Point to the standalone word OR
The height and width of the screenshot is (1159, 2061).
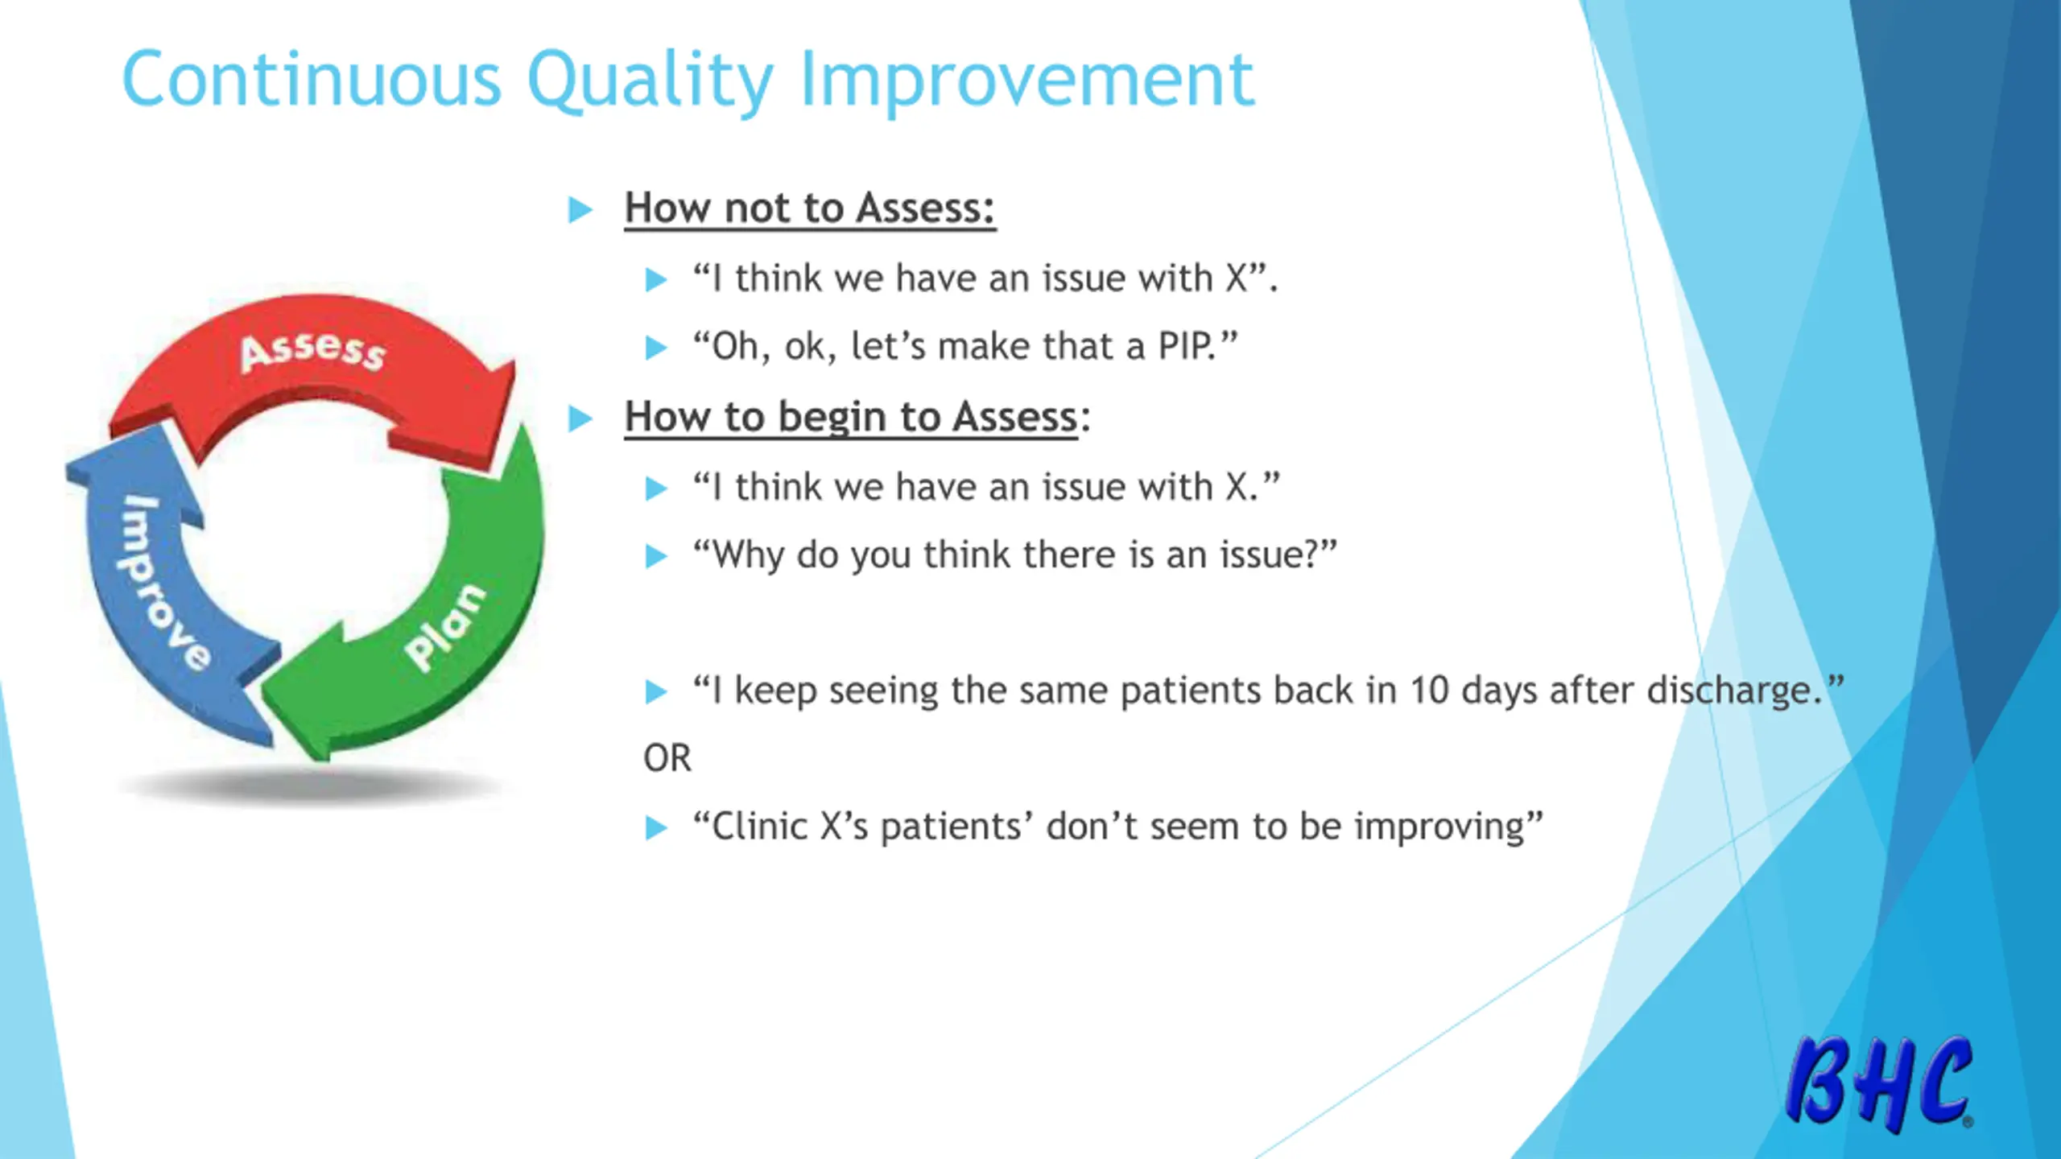(667, 758)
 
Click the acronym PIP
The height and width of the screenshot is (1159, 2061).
(1187, 346)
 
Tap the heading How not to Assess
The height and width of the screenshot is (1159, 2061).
(810, 208)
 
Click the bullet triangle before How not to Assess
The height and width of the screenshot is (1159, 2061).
(580, 210)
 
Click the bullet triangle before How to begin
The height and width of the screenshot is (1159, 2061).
(580, 419)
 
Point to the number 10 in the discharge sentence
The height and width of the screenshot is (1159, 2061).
(1430, 691)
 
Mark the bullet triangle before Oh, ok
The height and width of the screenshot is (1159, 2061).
(656, 348)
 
